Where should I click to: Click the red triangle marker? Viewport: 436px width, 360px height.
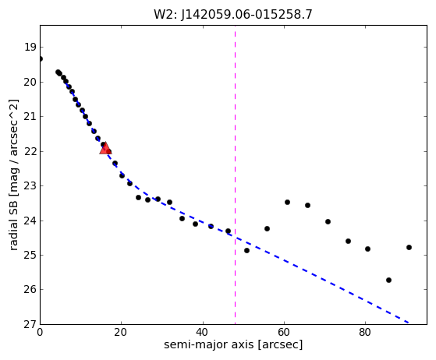105,148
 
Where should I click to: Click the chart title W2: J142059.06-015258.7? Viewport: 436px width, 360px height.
233,15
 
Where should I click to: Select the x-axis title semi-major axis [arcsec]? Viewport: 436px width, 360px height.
233,344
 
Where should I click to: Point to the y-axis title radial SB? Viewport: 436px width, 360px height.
13,175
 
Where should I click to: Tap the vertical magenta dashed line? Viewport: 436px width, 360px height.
236,175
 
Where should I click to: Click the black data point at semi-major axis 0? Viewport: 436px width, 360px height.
41,59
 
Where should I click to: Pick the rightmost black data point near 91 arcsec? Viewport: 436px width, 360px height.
409,247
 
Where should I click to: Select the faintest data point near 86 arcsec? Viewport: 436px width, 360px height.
388,280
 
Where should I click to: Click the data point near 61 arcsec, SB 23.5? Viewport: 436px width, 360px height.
287,203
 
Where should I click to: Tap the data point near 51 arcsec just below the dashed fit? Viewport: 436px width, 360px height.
246,250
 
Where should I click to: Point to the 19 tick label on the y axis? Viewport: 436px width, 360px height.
30,47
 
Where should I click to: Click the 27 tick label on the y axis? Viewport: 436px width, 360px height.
30,324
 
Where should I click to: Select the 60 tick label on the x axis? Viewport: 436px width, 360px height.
284,332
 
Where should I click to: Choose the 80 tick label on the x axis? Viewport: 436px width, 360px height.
365,332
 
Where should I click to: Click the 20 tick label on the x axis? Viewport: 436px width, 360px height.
121,332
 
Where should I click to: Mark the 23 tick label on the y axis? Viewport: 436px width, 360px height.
30,185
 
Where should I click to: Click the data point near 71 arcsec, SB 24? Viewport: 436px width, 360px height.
328,221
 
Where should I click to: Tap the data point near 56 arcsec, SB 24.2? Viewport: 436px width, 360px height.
267,228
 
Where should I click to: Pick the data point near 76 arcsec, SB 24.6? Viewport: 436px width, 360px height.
348,241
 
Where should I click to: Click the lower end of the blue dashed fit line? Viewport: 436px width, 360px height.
408,323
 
